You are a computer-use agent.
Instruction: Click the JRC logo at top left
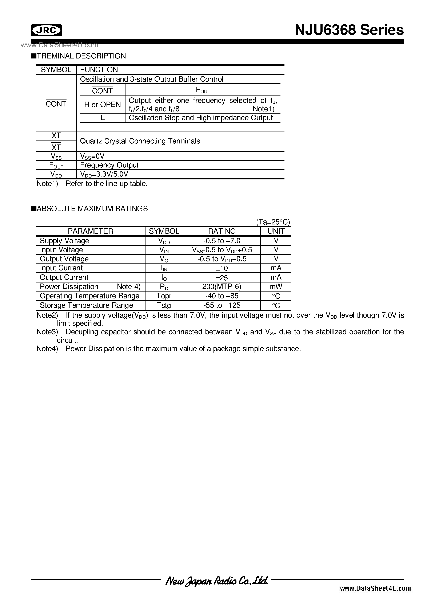(46, 30)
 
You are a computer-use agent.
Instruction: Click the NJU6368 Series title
(349, 30)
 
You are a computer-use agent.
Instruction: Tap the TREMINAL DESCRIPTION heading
(81, 56)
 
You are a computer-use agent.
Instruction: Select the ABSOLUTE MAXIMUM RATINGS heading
(92, 209)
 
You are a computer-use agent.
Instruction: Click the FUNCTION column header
(99, 70)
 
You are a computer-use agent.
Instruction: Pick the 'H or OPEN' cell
(103, 105)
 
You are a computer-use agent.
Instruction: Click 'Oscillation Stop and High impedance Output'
(201, 118)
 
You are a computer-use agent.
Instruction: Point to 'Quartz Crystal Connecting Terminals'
(140, 141)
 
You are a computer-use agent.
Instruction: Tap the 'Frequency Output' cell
(109, 165)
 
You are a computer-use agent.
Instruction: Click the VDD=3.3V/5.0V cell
(104, 174)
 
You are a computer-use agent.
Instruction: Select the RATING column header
(222, 231)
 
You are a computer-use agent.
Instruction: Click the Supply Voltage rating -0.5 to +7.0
(222, 241)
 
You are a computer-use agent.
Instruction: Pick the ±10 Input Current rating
(222, 268)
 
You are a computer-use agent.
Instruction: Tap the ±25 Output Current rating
(222, 277)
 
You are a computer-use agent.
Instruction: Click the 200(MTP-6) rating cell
(222, 287)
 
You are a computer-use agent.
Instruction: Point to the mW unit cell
(276, 287)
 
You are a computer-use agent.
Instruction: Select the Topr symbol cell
(164, 296)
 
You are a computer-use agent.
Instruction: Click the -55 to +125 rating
(222, 305)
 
